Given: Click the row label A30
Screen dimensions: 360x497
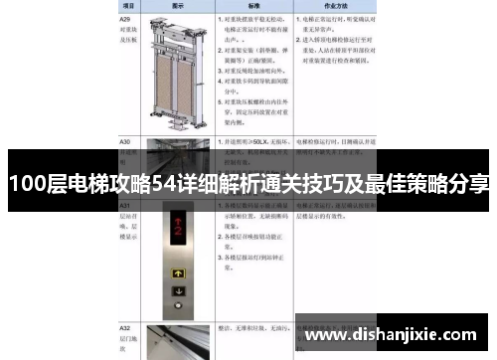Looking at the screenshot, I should click(x=125, y=141).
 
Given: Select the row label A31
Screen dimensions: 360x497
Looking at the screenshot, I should click(x=125, y=204).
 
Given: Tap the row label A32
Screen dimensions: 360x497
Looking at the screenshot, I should click(x=125, y=327).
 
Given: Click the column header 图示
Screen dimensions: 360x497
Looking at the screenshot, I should click(x=180, y=5).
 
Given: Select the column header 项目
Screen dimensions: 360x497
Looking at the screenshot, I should click(x=127, y=5).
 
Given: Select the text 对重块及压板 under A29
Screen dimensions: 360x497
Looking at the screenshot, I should click(x=128, y=36).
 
